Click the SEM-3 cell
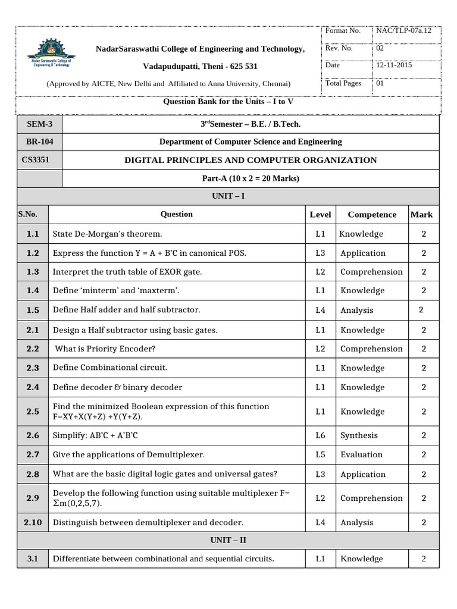[39, 124]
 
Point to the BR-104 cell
[39, 142]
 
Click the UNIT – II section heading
[228, 540]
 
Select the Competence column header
[371, 215]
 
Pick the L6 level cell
[320, 435]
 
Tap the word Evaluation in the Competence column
[361, 454]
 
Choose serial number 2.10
[33, 522]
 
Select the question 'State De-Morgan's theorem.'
[107, 234]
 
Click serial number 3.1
[33, 558]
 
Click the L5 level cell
[320, 454]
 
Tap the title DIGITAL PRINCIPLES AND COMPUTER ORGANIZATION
[250, 160]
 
